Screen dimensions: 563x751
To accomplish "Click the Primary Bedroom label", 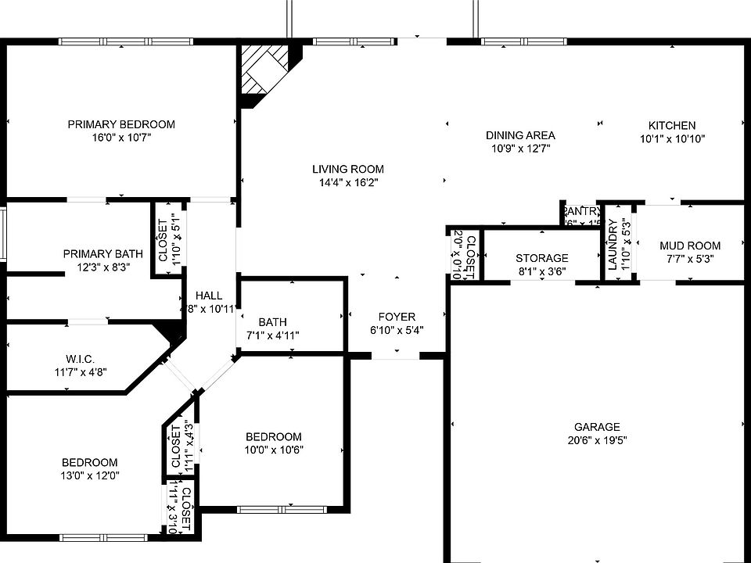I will point(120,124).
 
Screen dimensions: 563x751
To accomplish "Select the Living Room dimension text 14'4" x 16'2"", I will point(348,183).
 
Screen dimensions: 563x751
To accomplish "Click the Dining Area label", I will point(520,135).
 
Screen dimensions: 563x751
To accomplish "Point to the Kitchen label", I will point(671,125).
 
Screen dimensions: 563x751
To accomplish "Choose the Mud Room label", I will point(689,246).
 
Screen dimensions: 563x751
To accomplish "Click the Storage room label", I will point(541,258).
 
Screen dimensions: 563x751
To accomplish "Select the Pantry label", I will point(582,211).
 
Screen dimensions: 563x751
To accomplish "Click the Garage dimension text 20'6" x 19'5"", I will point(597,440).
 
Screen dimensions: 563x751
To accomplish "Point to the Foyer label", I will point(397,317).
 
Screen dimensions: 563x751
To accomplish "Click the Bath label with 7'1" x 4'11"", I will point(272,321).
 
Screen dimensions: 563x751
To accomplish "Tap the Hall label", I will point(209,296).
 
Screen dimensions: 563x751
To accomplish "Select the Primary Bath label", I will point(103,253).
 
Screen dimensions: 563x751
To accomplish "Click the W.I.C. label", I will point(81,359).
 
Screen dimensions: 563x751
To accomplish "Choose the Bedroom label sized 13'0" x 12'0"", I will point(90,462).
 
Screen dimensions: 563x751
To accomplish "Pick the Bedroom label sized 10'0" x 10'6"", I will point(273,436).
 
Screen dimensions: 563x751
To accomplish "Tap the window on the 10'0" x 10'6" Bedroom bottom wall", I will point(275,510).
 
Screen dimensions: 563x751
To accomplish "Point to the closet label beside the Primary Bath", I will point(163,240).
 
